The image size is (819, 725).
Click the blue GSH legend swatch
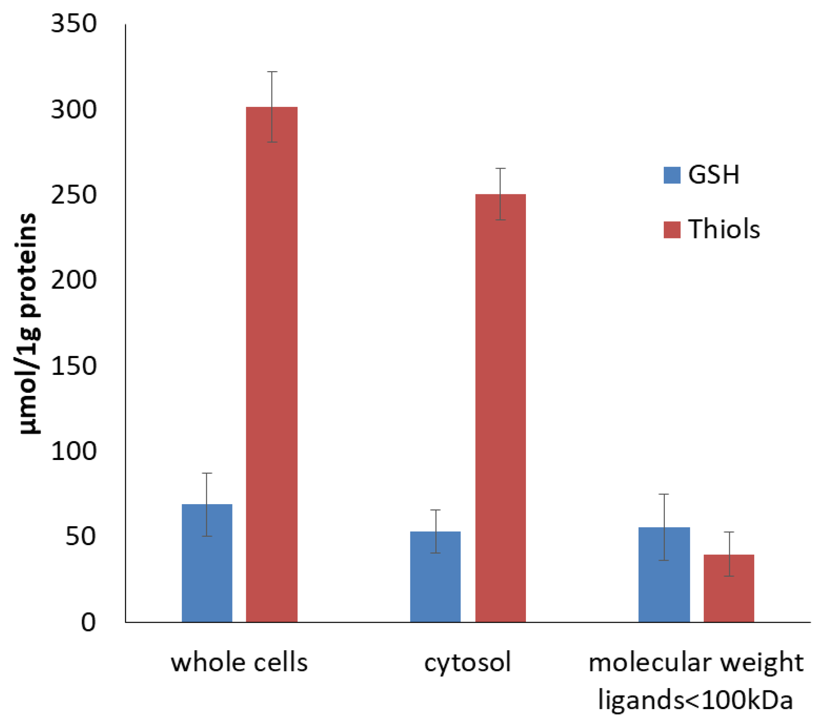click(672, 175)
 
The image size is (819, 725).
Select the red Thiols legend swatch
click(672, 230)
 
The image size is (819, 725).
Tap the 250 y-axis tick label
click(74, 195)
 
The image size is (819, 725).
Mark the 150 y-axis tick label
click(74, 365)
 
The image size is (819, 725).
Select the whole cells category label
click(239, 663)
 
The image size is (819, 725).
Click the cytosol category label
click(468, 663)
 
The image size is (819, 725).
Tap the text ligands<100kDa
click(696, 701)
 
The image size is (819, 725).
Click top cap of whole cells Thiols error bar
click(272, 71)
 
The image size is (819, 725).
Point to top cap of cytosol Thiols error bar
click(500, 168)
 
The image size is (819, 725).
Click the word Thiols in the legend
click(724, 229)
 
